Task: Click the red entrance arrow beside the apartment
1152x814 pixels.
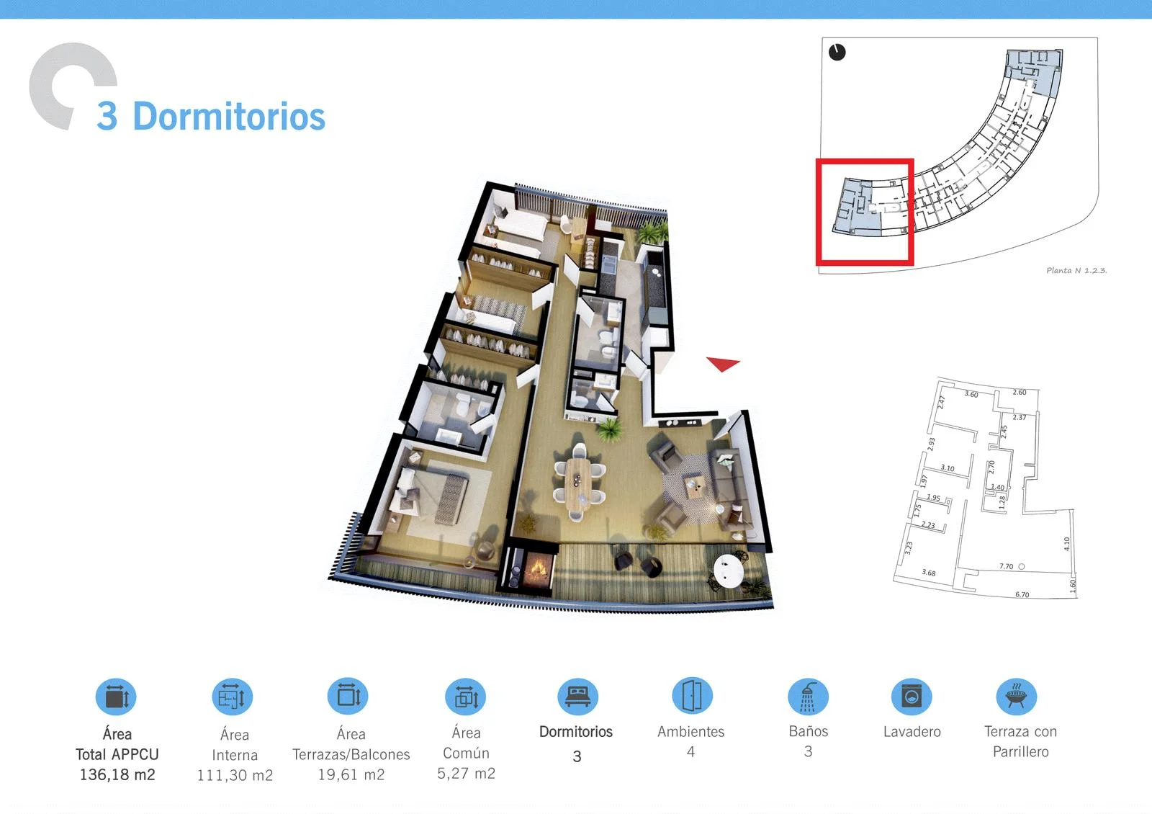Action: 722,363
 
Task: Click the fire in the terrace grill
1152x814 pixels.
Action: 538,568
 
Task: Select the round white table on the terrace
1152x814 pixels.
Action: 728,571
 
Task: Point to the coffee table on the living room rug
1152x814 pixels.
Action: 694,486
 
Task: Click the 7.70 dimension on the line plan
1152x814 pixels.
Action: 1006,566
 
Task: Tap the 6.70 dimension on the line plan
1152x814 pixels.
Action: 1022,594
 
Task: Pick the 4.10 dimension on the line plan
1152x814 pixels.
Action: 1066,544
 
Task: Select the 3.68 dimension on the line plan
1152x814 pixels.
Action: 928,572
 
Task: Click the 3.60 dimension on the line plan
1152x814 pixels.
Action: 971,394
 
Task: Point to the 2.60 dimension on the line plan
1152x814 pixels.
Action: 1020,392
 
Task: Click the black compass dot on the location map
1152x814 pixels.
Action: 837,52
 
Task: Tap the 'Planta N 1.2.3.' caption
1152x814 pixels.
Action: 1076,270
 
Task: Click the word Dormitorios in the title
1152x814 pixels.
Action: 229,116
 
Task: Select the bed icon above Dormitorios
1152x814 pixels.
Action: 577,697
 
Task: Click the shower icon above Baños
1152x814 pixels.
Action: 808,697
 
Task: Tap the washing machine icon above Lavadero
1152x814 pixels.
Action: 912,697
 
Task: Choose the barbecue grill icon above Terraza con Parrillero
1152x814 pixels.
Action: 1016,697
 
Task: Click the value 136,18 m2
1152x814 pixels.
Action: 117,774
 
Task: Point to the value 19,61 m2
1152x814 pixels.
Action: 351,774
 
